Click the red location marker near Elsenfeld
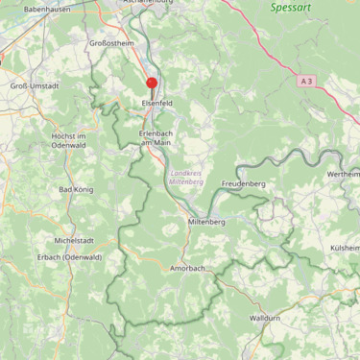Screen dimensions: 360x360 pyautogui.click(x=152, y=84)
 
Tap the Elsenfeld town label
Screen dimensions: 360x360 pyautogui.click(x=156, y=102)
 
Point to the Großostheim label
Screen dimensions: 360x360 pyautogui.click(x=109, y=43)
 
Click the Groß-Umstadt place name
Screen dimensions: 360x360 pyautogui.click(x=35, y=85)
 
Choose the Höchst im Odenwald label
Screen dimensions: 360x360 pyautogui.click(x=69, y=141)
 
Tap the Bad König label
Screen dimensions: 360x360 pyautogui.click(x=76, y=190)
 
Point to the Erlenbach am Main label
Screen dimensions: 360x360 pyautogui.click(x=155, y=137)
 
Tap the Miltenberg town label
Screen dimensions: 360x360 pyautogui.click(x=205, y=222)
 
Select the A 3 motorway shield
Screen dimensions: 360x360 pyautogui.click(x=306, y=82)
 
